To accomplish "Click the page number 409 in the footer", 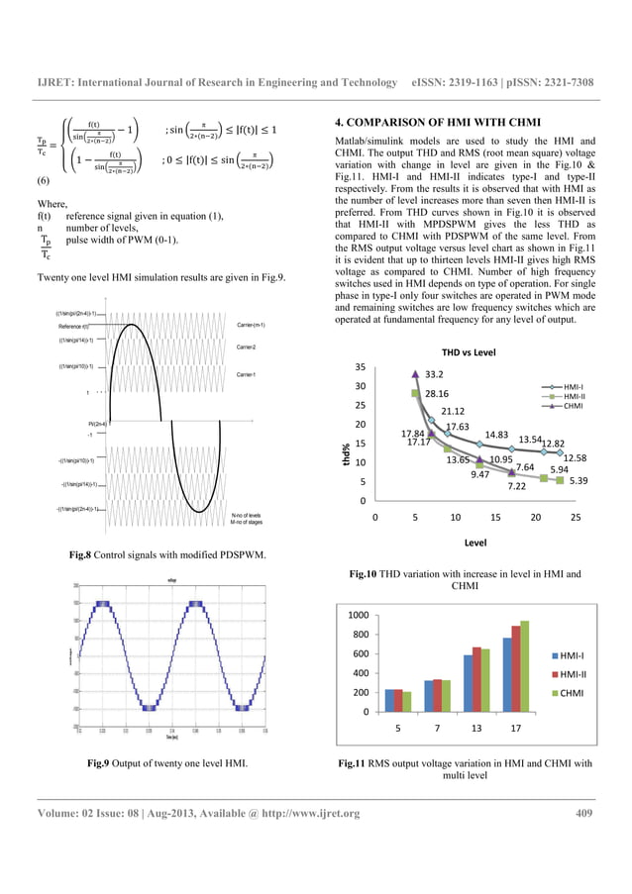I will (584, 814).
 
